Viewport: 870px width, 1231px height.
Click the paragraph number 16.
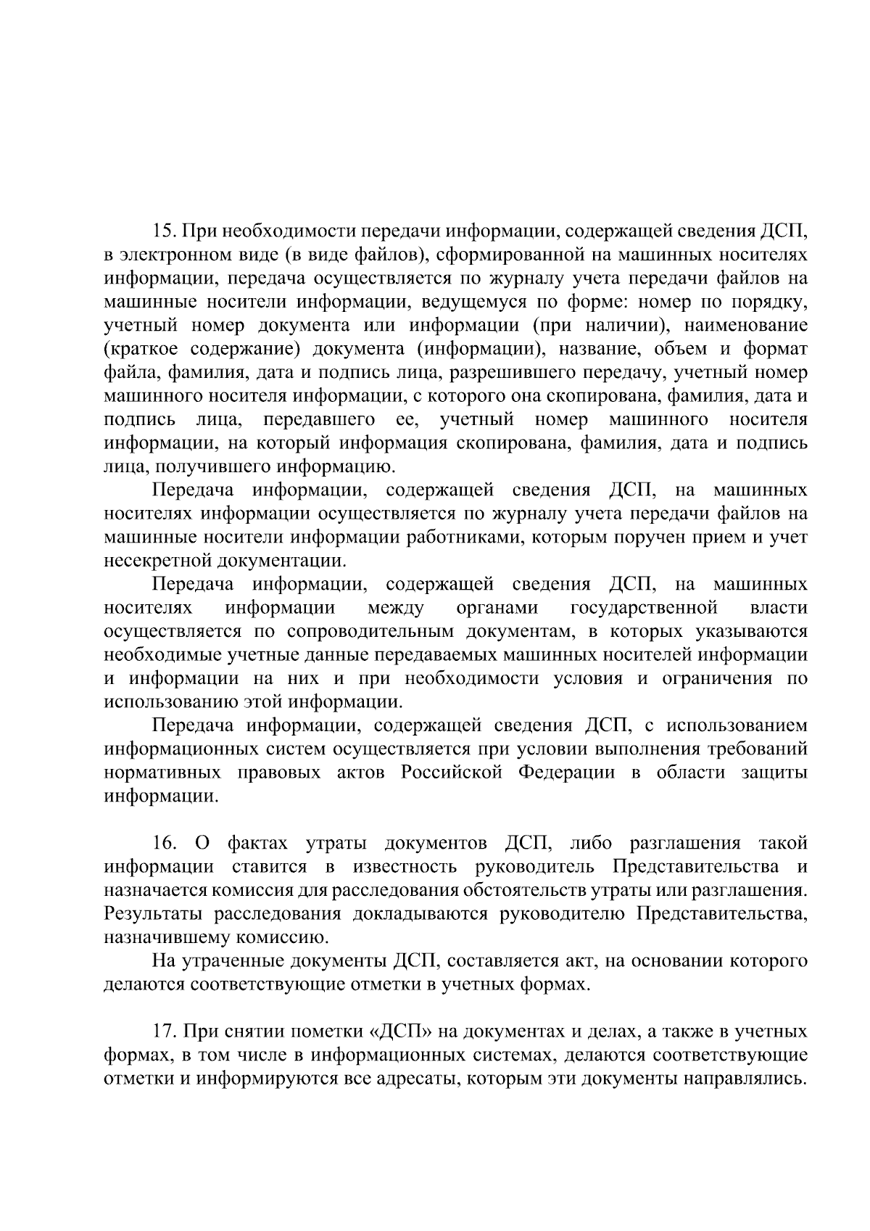tap(165, 843)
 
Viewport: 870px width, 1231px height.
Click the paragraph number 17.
tap(164, 1031)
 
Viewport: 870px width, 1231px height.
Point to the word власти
tap(779, 607)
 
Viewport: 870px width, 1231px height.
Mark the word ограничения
tap(712, 678)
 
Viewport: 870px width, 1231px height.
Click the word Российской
tap(452, 772)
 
